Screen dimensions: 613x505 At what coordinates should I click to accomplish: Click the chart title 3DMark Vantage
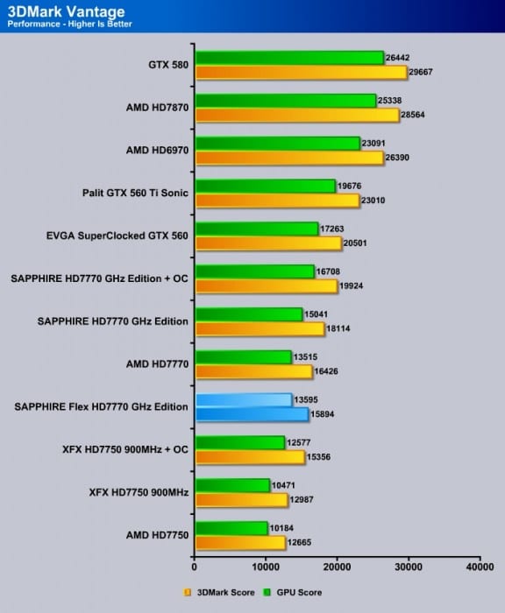pyautogui.click(x=66, y=11)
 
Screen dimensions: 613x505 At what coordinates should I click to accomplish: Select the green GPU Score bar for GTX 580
pyautogui.click(x=289, y=58)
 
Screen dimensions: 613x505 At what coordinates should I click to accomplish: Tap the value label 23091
pyautogui.click(x=376, y=143)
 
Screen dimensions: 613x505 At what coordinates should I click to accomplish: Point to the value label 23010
pyautogui.click(x=376, y=201)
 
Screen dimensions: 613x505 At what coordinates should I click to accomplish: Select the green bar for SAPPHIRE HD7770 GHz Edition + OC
pyautogui.click(x=254, y=272)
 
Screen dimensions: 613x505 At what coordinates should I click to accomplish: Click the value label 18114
pyautogui.click(x=341, y=329)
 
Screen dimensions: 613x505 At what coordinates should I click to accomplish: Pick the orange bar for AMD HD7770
pyautogui.click(x=253, y=372)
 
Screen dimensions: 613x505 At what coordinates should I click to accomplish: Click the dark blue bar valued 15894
pyautogui.click(x=252, y=414)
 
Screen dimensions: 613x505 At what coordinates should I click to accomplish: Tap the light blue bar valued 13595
pyautogui.click(x=243, y=400)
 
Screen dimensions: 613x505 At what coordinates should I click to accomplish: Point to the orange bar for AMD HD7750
pyautogui.click(x=240, y=543)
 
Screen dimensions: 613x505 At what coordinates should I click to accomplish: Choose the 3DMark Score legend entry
pyautogui.click(x=222, y=593)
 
